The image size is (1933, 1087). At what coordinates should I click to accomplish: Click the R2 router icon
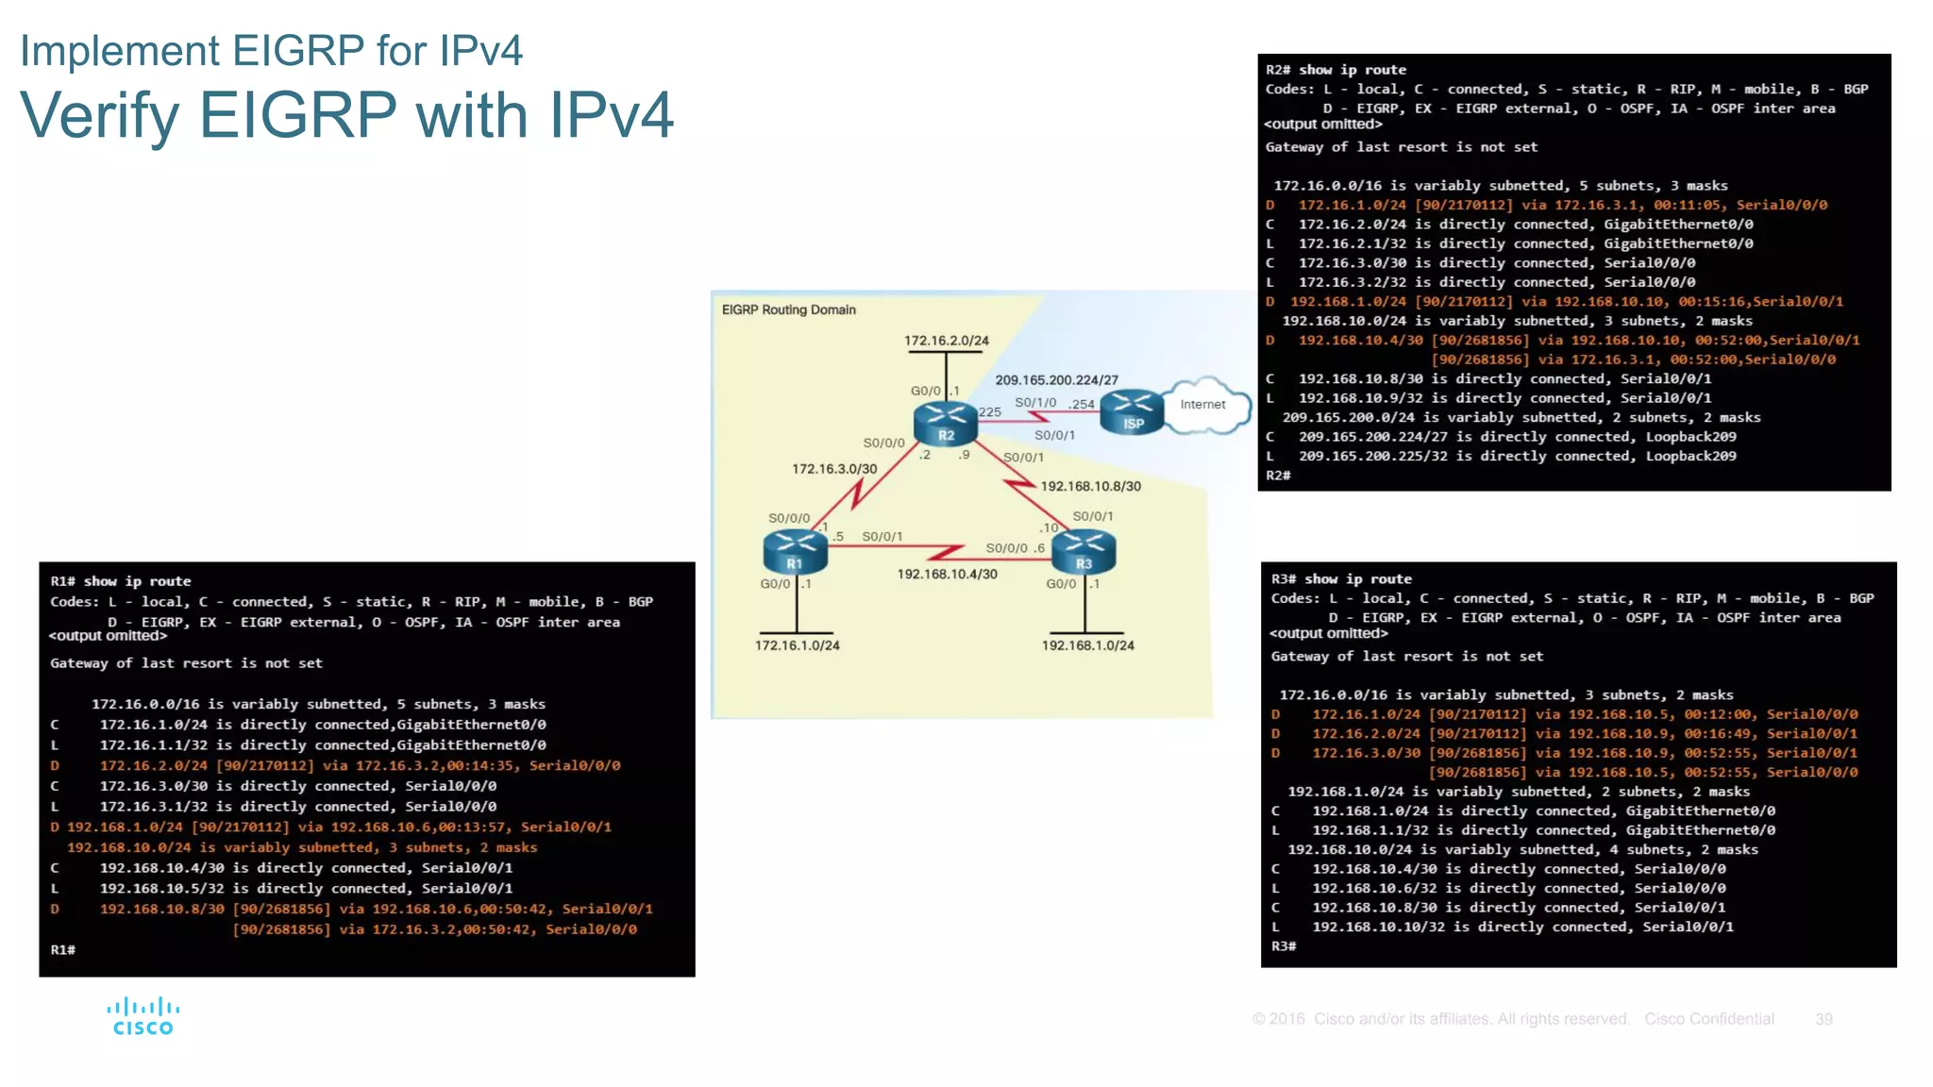coord(945,422)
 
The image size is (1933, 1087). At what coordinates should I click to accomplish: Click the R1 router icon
coord(795,551)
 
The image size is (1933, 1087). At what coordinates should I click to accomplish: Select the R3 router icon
coord(1084,551)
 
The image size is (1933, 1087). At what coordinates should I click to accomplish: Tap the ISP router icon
coord(1133,411)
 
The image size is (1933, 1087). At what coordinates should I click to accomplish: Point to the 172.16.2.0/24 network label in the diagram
coord(946,341)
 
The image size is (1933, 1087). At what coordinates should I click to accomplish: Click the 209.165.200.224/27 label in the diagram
coord(1056,380)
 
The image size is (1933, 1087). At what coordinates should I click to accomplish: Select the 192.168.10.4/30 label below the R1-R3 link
coord(947,574)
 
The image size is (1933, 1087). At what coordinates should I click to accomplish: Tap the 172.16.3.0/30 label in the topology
coord(834,469)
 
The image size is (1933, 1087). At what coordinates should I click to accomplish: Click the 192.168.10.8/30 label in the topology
coord(1090,487)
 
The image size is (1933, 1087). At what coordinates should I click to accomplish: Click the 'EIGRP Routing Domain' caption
coord(788,309)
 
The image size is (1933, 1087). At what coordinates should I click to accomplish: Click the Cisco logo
coord(143,1017)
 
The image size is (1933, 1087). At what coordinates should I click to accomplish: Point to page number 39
coord(1824,1019)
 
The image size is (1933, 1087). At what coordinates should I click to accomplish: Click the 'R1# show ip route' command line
coord(121,581)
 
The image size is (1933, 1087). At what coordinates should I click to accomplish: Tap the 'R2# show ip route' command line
coord(1336,70)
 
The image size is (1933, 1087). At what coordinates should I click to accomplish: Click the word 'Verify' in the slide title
coord(99,115)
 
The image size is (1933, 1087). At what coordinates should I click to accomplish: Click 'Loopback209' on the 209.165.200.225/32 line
coord(1690,457)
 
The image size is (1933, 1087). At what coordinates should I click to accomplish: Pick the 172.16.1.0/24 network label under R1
coord(797,645)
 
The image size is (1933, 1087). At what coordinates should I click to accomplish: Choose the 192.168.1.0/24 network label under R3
coord(1087,645)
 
